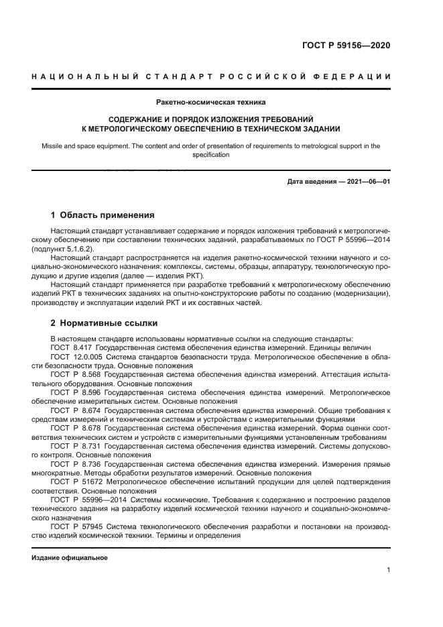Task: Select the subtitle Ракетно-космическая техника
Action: tap(211, 103)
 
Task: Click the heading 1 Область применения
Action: tap(103, 215)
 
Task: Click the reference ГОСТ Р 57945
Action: tap(75, 526)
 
